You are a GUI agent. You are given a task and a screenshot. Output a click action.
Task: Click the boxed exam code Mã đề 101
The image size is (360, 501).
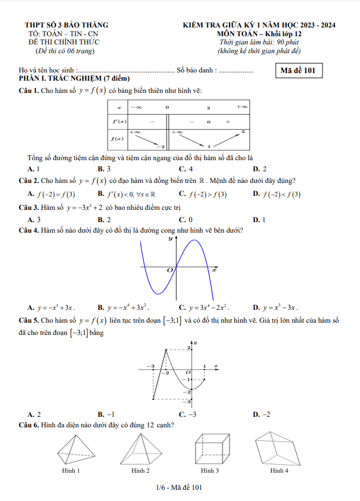[297, 71]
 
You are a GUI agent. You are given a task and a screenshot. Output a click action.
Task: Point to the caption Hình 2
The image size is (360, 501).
[140, 471]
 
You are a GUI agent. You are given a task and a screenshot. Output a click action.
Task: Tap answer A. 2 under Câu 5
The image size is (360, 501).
[34, 414]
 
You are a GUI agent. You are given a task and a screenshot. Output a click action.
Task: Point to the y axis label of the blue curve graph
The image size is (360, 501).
[170, 239]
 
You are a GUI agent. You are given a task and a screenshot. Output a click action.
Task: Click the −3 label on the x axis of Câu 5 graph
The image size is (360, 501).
[153, 365]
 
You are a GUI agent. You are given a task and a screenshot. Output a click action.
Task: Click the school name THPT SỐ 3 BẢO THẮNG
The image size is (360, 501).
[67, 25]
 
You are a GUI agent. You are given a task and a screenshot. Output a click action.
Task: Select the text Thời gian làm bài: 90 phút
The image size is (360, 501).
[259, 42]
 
